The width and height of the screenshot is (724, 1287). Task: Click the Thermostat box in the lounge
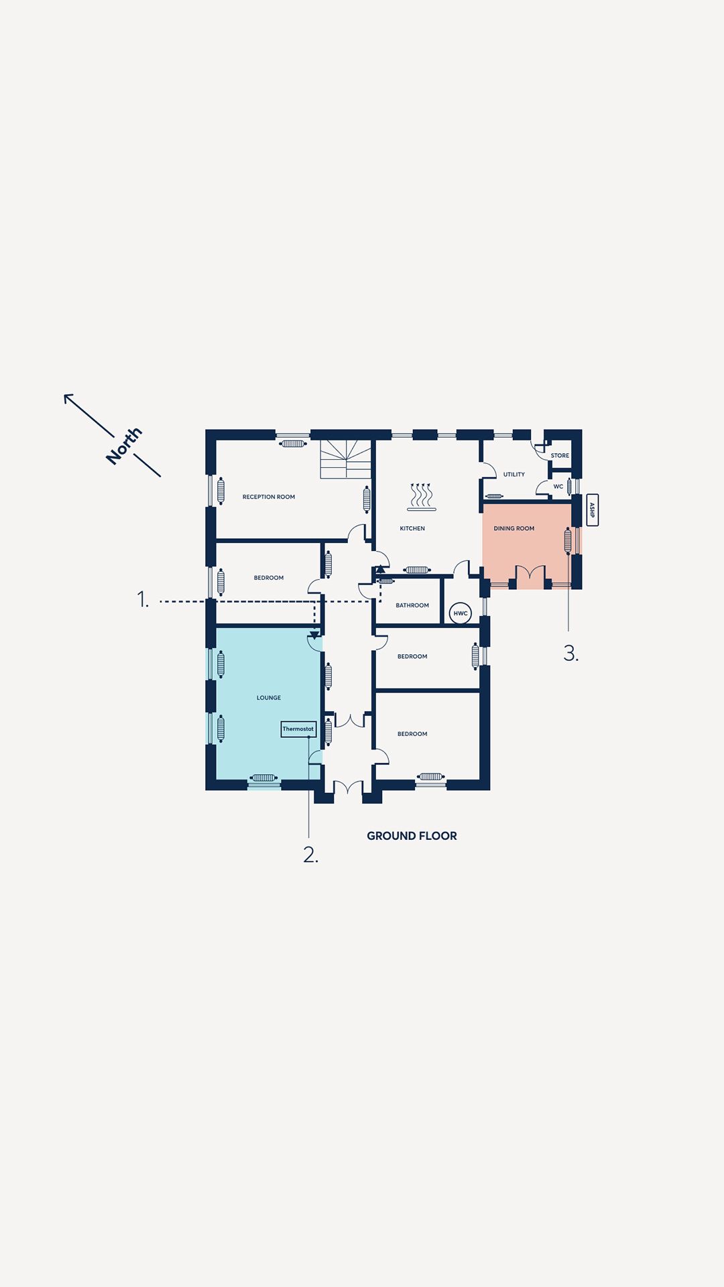pos(298,729)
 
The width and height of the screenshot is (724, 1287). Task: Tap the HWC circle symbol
pos(461,613)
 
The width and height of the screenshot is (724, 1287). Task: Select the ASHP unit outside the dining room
pos(592,510)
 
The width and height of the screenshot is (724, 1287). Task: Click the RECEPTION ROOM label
pos(269,497)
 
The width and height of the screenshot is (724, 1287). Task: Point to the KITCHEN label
pos(412,528)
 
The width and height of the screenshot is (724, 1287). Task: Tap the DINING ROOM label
pos(514,528)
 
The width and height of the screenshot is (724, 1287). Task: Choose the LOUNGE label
pos(269,698)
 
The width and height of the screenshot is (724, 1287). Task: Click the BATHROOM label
pos(412,605)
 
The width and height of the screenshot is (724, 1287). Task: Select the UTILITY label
pos(514,475)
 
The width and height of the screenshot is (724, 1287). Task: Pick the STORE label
pos(560,456)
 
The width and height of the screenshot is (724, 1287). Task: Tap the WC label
pos(558,487)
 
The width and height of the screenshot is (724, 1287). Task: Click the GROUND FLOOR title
pos(412,836)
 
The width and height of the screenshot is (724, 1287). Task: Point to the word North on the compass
pos(124,446)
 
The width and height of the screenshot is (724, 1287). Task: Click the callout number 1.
pos(142,599)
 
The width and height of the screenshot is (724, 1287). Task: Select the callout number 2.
pos(310,855)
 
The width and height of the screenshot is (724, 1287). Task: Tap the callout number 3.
pos(571,653)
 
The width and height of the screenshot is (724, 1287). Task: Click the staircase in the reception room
pos(346,459)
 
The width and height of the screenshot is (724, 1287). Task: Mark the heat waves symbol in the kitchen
pos(422,497)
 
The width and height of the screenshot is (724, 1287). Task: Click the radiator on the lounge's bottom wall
pos(263,778)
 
